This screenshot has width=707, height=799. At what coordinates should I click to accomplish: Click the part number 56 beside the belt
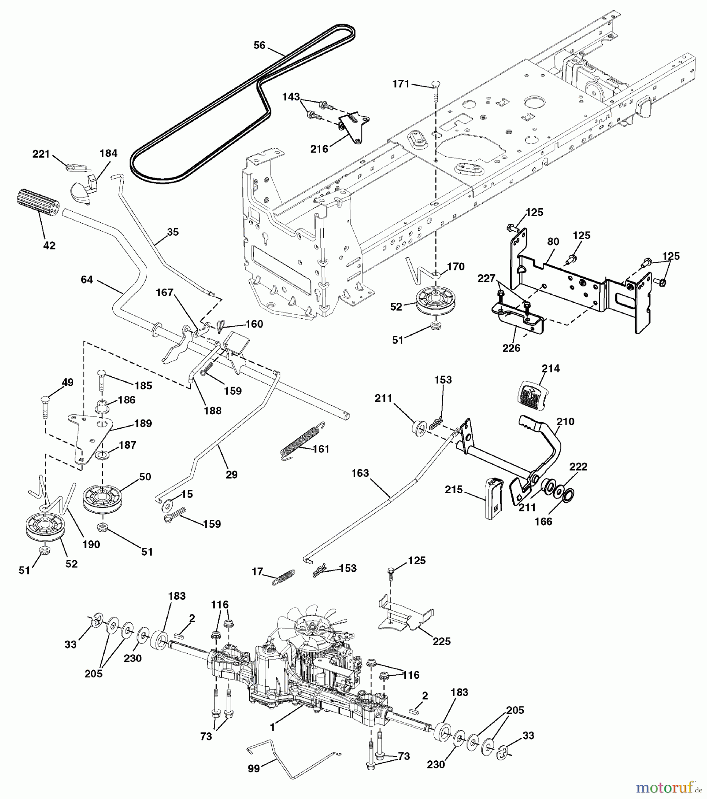259,45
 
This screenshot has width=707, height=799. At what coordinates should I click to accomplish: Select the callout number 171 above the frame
401,84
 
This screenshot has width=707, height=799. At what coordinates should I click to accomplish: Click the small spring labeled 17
283,577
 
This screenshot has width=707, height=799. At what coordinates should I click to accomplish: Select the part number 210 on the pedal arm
566,421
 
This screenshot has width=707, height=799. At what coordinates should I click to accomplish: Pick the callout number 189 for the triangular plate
143,423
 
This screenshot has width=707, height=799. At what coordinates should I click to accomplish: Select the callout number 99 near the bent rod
254,767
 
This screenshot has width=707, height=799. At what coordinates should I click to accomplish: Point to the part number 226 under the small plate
511,348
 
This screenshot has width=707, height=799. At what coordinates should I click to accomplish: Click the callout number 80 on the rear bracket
553,242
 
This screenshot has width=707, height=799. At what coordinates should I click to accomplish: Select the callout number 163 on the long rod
360,473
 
